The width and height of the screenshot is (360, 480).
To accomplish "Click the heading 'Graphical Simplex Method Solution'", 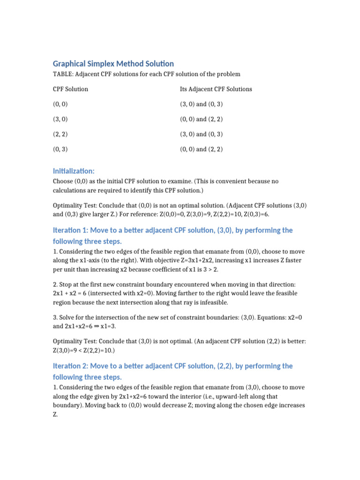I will (x=113, y=63).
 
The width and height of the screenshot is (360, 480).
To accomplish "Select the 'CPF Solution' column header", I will (x=70, y=89).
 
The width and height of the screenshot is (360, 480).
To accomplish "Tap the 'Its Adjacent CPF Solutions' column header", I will (x=216, y=89).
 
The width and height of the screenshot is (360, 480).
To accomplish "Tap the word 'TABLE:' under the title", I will (x=63, y=74).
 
